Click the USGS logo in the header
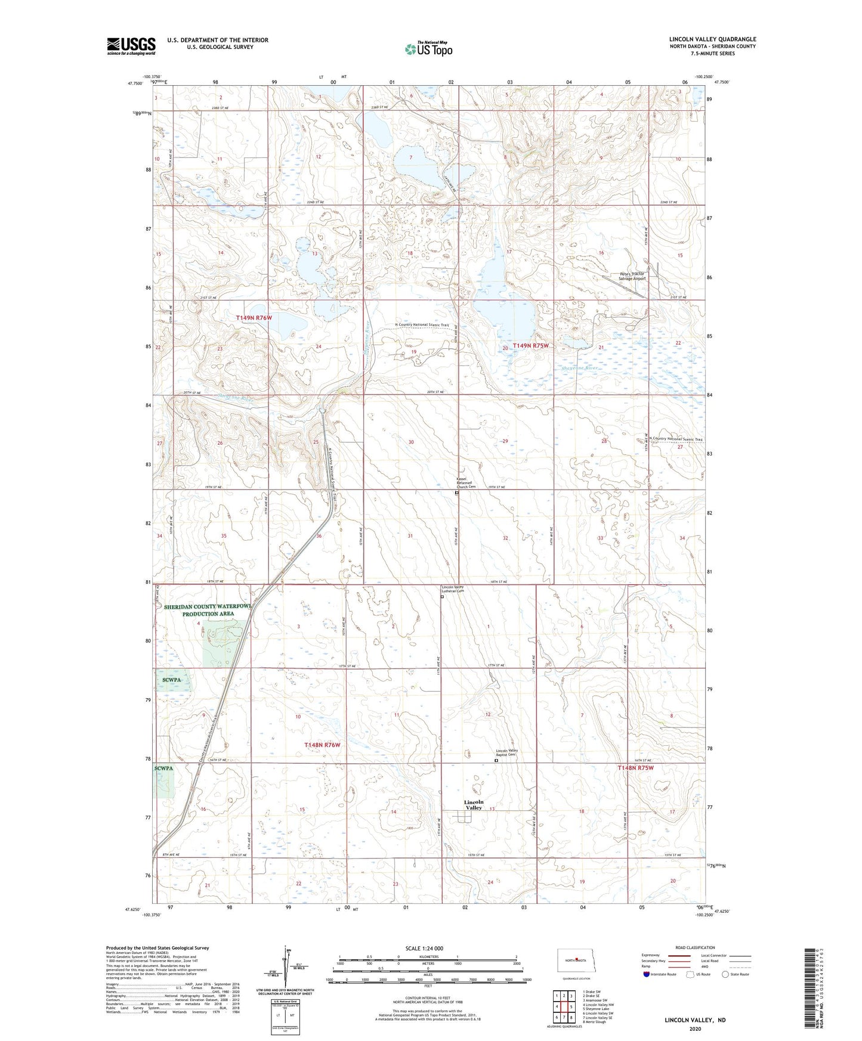point(131,46)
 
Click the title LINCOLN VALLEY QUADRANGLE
point(712,39)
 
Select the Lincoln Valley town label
point(473,804)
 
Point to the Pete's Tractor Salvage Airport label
point(632,276)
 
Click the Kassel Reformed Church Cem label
point(466,484)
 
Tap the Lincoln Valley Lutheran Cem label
point(452,589)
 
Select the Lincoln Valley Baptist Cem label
point(506,752)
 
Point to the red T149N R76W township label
point(254,318)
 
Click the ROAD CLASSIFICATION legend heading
point(695,947)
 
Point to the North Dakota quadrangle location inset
point(575,961)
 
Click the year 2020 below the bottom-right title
point(695,1028)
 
